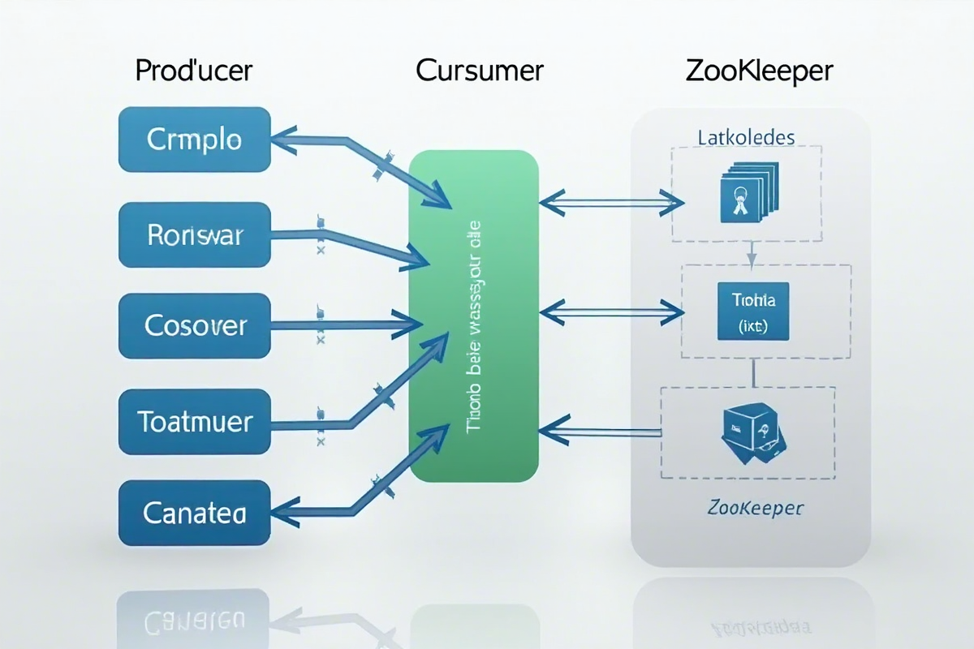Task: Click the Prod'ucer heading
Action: (194, 71)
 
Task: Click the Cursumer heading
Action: (479, 71)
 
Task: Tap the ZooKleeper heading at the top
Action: (759, 71)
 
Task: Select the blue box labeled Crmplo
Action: (194, 140)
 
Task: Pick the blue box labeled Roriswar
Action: (194, 235)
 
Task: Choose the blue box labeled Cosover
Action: (194, 326)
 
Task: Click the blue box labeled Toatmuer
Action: (194, 421)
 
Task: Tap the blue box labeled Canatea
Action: (194, 513)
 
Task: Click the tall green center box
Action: (474, 316)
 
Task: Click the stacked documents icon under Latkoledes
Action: (744, 193)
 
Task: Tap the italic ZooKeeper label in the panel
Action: (754, 509)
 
